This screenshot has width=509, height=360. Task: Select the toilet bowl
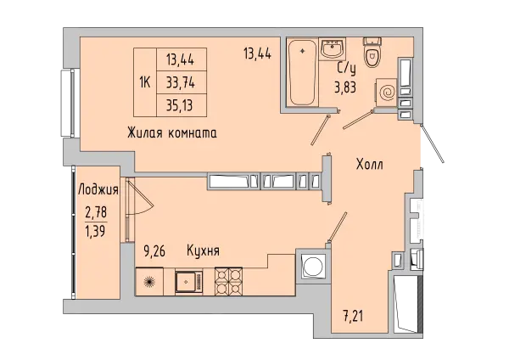[x=372, y=53]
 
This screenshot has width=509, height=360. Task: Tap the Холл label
[x=370, y=164]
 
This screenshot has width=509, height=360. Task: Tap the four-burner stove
[x=229, y=280]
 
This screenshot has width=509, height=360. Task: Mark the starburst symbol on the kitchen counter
[x=149, y=281]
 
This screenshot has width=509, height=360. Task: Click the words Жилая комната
[x=173, y=133]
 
